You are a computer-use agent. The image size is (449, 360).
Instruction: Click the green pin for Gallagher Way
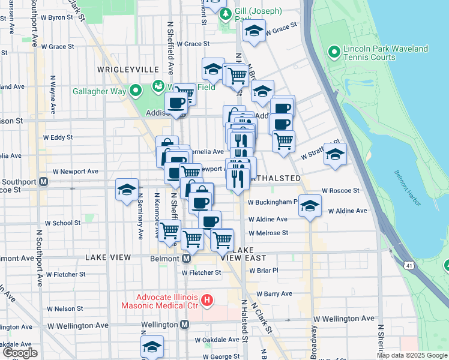pos(136,91)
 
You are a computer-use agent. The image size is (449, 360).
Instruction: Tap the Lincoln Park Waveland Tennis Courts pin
pos(334,53)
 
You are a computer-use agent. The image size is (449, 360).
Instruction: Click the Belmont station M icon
pos(186,258)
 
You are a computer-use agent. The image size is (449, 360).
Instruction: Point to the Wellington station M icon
pos(184,324)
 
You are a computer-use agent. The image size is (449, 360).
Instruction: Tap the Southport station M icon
pos(43,182)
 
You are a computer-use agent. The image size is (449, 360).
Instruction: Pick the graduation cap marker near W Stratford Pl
pos(335,154)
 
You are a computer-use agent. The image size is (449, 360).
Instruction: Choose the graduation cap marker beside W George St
pos(152,346)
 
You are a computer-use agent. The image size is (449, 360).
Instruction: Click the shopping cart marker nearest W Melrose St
pos(222,239)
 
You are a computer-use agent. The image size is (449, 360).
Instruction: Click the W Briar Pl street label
pos(263,270)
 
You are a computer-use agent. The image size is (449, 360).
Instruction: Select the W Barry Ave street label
pos(274,293)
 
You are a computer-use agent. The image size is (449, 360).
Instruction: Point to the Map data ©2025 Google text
pos(412,355)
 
